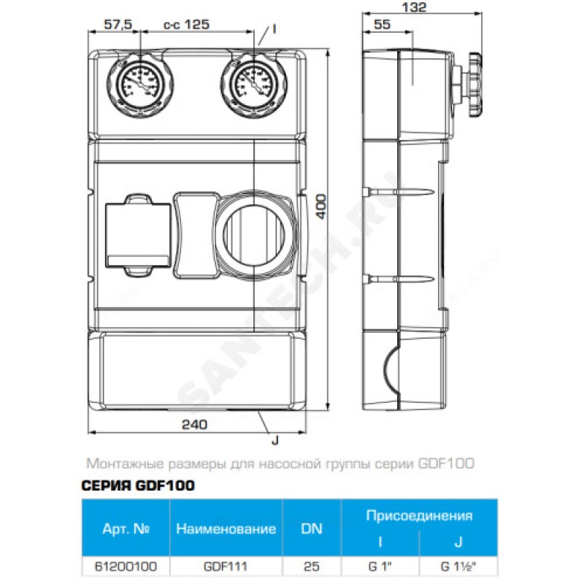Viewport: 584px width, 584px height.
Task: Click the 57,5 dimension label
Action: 118,25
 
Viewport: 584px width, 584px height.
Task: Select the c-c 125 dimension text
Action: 186,25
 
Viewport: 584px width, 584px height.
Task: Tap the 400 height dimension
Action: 321,207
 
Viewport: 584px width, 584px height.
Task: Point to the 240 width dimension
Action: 194,424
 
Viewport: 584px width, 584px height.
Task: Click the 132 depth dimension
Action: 415,7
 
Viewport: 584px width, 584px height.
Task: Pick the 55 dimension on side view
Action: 382,25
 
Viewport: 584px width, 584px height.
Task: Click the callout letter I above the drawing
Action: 274,28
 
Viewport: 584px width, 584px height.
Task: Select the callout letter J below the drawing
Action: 275,440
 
